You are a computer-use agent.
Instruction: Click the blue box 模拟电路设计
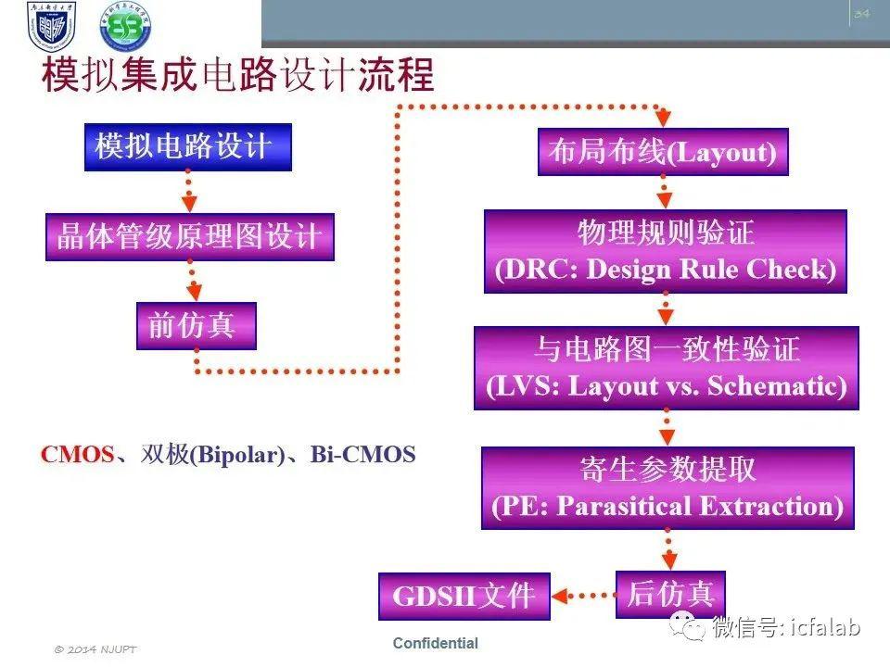188,147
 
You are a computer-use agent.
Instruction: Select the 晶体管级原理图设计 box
189,236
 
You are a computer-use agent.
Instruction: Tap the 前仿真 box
197,325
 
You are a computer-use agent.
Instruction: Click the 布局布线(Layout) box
663,151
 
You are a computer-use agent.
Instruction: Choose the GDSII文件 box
464,596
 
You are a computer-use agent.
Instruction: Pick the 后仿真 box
670,595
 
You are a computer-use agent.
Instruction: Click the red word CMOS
77,455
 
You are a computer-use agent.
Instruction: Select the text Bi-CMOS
362,455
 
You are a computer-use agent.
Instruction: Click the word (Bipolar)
236,456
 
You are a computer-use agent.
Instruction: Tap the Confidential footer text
436,643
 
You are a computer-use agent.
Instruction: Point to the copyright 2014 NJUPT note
95,649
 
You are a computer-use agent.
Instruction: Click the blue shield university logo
51,26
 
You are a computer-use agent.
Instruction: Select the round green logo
125,26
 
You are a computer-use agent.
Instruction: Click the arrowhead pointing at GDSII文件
560,596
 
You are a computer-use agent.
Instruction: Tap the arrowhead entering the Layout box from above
663,119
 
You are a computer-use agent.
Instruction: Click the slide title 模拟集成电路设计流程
238,74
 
